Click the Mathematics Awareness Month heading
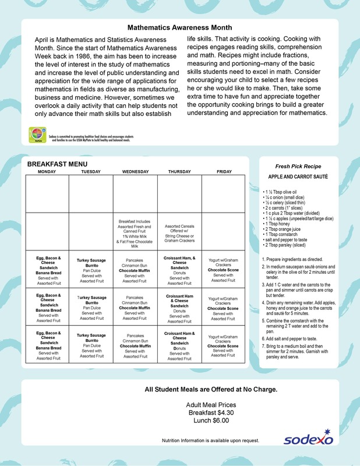click(x=179, y=27)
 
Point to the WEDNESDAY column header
click(x=135, y=172)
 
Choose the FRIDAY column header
click(x=224, y=172)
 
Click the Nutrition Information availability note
click(x=210, y=441)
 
